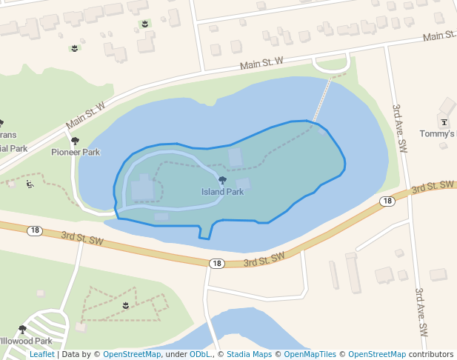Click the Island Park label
pyautogui.click(x=222, y=192)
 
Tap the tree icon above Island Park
pyautogui.click(x=222, y=180)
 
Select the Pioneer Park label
pyautogui.click(x=76, y=152)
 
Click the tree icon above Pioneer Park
pyautogui.click(x=75, y=140)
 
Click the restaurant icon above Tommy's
pyautogui.click(x=444, y=122)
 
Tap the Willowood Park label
pyautogui.click(x=25, y=341)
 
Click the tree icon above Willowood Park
pyautogui.click(x=22, y=329)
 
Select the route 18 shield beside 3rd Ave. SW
pyautogui.click(x=387, y=201)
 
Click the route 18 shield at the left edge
pyautogui.click(x=35, y=230)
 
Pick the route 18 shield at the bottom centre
pyautogui.click(x=216, y=263)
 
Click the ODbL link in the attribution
pyautogui.click(x=200, y=355)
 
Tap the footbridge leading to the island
pyautogui.click(x=322, y=100)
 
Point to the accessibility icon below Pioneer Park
pyautogui.click(x=30, y=184)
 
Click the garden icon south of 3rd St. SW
pyautogui.click(x=126, y=304)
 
